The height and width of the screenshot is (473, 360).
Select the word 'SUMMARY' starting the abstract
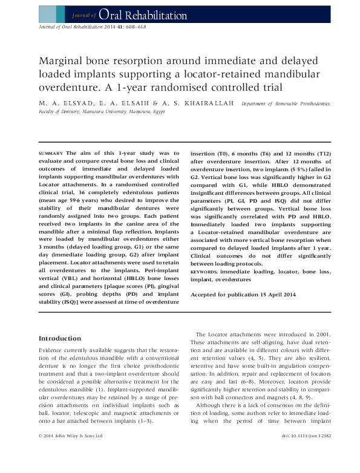51,154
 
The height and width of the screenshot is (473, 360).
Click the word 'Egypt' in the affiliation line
159,112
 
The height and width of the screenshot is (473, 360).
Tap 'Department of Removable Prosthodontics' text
286,104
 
